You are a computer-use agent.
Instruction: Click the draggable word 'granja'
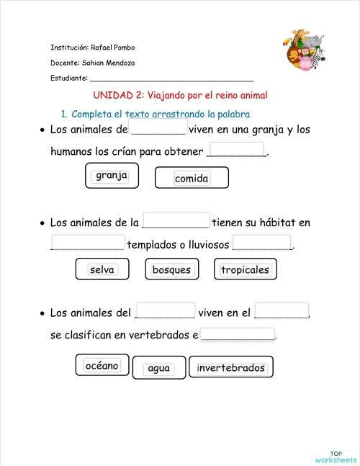[x=112, y=176]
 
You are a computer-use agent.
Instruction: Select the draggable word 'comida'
[x=192, y=178]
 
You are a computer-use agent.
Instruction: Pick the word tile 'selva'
[x=102, y=269]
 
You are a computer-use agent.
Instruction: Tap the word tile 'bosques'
[x=172, y=270]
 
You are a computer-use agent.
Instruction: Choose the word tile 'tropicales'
[x=245, y=270]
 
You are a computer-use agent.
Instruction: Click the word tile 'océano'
[x=102, y=366]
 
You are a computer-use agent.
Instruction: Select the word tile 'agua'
[x=158, y=368]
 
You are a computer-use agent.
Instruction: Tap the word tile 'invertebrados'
[x=231, y=368]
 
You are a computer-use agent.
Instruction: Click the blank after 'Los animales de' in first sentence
[x=158, y=128]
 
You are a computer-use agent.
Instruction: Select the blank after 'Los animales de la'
[x=176, y=220]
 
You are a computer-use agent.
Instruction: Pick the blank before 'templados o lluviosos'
[x=89, y=243]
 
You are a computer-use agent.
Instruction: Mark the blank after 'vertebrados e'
[x=238, y=334]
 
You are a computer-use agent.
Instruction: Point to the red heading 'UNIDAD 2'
[x=180, y=95]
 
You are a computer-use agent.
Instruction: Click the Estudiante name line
[x=171, y=78]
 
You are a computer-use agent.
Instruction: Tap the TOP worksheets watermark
[x=336, y=456]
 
